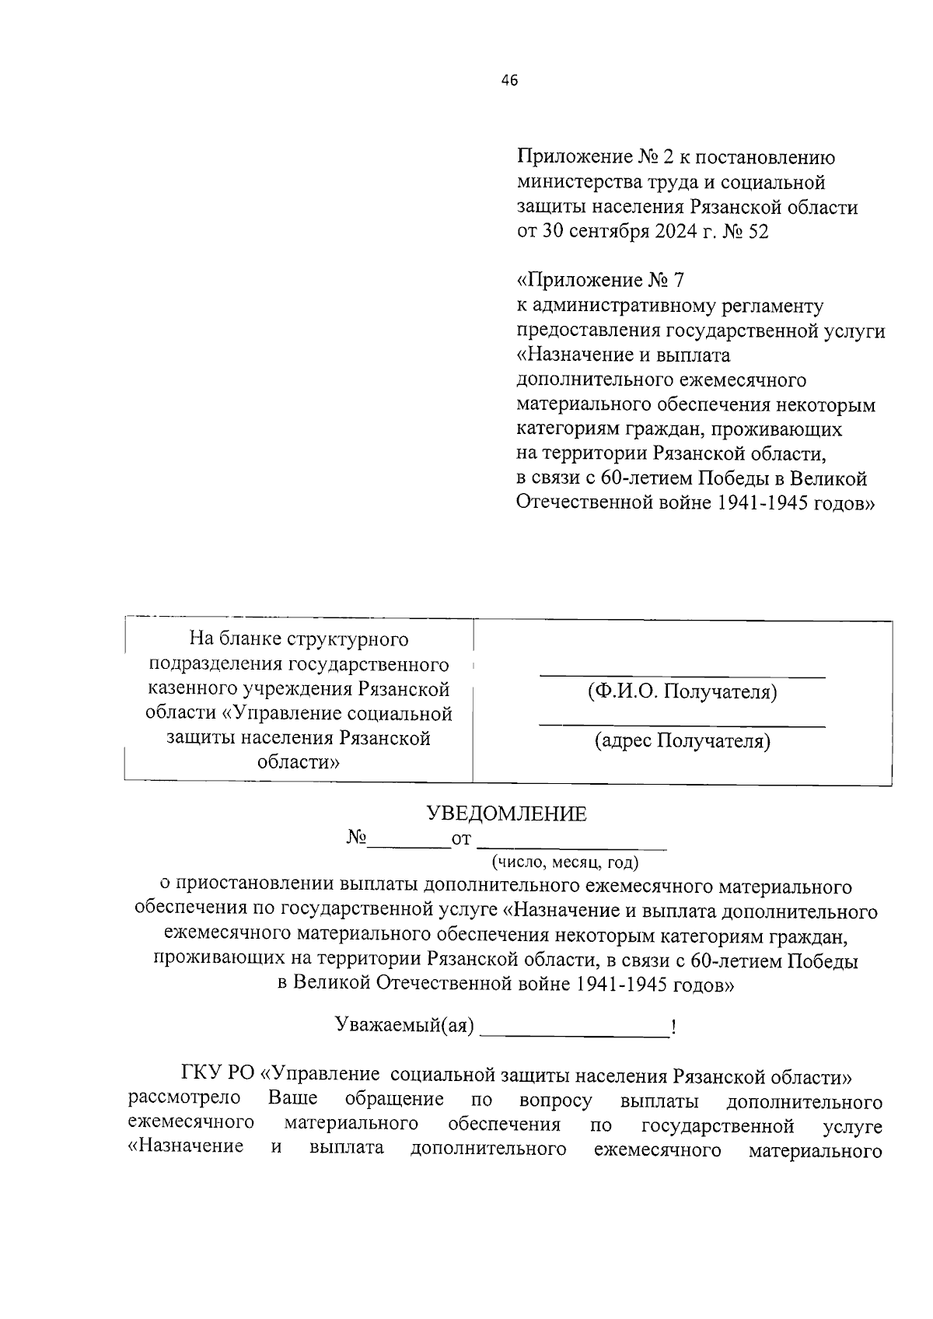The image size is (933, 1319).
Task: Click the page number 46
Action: (x=510, y=81)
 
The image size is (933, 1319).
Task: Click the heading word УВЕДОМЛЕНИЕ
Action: (x=507, y=814)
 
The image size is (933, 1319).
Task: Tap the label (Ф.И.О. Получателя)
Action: (x=682, y=691)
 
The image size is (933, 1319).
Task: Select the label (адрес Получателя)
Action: (x=682, y=741)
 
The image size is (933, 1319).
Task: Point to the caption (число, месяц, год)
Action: (x=564, y=862)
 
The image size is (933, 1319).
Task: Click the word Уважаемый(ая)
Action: (x=404, y=1025)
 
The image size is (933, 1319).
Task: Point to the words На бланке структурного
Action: (x=299, y=639)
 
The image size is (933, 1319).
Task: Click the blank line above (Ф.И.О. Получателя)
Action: (x=682, y=675)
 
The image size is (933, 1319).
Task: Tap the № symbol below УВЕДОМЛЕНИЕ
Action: (x=357, y=838)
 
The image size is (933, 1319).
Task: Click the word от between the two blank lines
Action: (x=462, y=839)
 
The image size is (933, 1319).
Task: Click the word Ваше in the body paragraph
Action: (x=292, y=1100)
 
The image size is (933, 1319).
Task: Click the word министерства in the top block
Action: (x=576, y=183)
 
